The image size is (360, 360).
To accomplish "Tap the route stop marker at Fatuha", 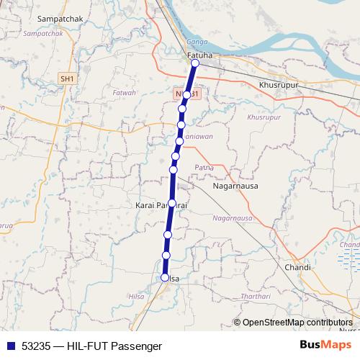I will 195,63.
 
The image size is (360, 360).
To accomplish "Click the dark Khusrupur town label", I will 277,85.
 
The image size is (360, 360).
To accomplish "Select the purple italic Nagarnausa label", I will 233,217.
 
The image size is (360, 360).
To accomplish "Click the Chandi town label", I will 297,267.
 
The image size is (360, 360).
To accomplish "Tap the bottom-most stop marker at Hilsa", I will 165,277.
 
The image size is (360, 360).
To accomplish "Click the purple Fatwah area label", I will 125,93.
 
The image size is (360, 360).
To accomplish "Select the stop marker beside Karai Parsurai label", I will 172,203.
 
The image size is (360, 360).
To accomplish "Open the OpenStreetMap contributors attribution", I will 297,323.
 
